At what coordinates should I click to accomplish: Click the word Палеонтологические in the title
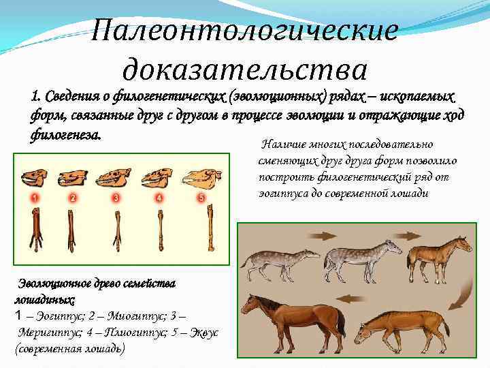pos(244,31)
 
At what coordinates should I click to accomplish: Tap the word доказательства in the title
pos(245,68)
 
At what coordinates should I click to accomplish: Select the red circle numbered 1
pos(32,198)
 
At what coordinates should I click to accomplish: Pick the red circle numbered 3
pos(116,198)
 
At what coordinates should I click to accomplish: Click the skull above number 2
pos(73,179)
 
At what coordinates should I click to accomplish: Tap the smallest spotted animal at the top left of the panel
pos(279,262)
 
